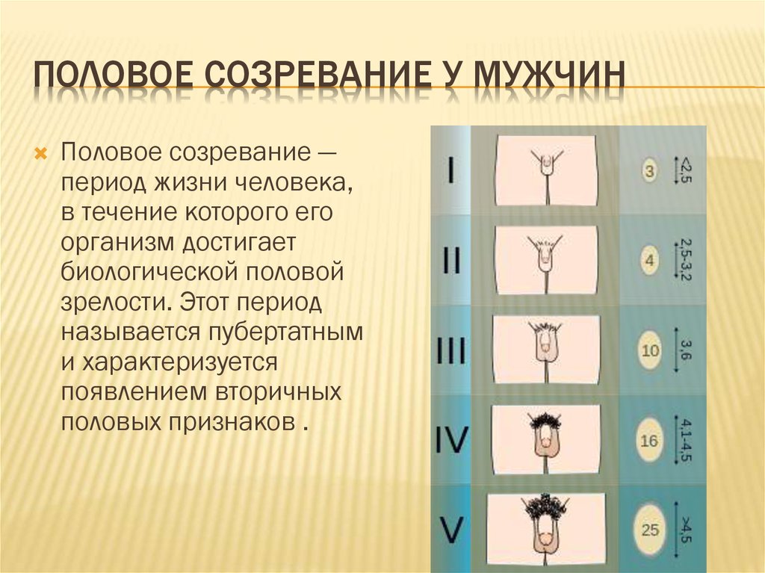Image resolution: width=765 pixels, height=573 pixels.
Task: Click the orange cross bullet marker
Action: tap(40, 155)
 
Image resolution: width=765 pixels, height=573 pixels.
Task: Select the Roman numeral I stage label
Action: tap(450, 170)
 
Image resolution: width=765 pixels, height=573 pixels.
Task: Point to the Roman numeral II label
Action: tap(451, 260)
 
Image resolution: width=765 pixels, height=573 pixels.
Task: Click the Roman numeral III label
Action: tap(450, 350)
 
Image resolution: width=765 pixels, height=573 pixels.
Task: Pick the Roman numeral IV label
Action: tap(452, 440)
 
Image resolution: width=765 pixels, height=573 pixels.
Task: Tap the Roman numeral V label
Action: tap(451, 530)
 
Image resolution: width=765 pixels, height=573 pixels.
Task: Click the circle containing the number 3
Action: tap(649, 171)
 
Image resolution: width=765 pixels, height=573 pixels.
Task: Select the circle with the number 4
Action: tap(649, 261)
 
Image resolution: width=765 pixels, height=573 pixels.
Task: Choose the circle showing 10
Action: tap(650, 350)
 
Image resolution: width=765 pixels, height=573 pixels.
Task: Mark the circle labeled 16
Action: tap(649, 440)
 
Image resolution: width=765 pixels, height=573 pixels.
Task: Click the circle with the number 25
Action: tap(650, 530)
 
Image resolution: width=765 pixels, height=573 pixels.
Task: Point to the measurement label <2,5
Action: tap(686, 170)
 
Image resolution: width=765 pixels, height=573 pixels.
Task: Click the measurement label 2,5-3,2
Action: tap(686, 260)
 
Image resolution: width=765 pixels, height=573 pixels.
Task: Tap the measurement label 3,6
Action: tap(686, 350)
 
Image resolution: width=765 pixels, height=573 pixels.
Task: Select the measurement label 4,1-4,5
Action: tap(686, 440)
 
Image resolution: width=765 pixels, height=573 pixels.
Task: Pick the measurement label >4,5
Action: tap(686, 530)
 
